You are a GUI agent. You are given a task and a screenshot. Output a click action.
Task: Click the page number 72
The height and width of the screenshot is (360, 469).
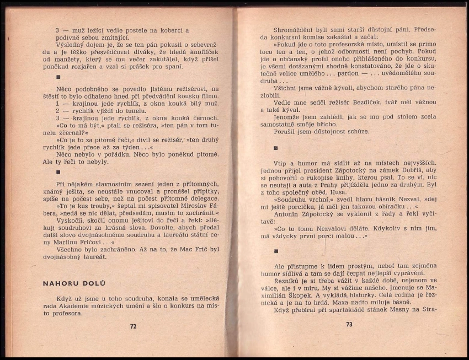click(x=133, y=326)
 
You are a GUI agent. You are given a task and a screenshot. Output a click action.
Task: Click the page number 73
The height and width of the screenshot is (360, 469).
click(x=349, y=325)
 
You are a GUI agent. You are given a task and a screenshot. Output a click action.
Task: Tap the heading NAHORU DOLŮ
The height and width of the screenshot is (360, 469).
click(x=74, y=283)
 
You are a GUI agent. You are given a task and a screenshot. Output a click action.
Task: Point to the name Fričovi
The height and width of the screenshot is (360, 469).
click(x=86, y=242)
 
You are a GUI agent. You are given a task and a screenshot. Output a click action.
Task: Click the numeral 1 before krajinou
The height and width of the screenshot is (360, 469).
click(x=58, y=103)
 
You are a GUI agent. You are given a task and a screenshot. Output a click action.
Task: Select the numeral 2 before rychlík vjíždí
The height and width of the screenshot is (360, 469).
click(x=58, y=110)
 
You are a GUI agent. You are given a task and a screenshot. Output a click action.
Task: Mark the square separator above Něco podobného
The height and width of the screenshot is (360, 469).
click(x=58, y=78)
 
